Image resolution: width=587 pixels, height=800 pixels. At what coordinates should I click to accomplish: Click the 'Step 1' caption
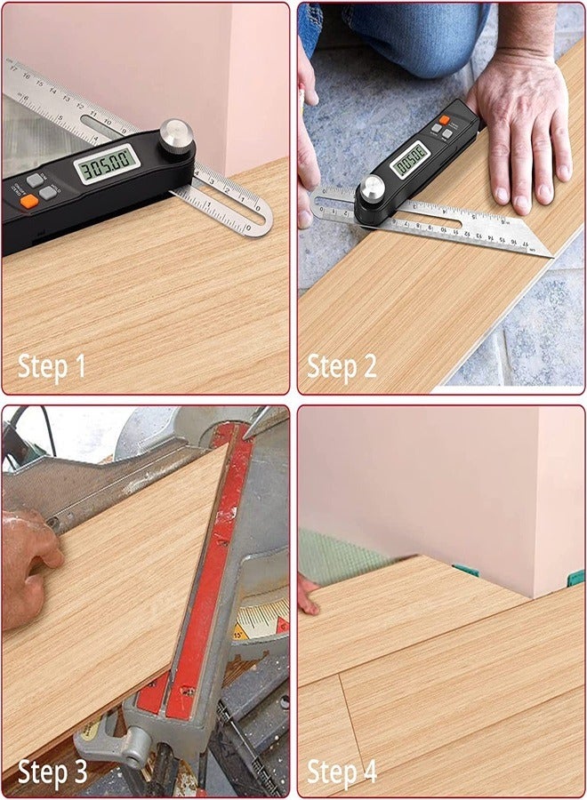pos(52,366)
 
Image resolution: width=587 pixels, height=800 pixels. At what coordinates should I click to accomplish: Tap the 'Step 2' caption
pos(342,366)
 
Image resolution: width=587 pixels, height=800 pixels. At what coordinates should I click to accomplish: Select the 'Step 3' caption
pos(52,771)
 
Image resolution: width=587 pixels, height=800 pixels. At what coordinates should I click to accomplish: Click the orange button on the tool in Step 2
pos(445,119)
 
